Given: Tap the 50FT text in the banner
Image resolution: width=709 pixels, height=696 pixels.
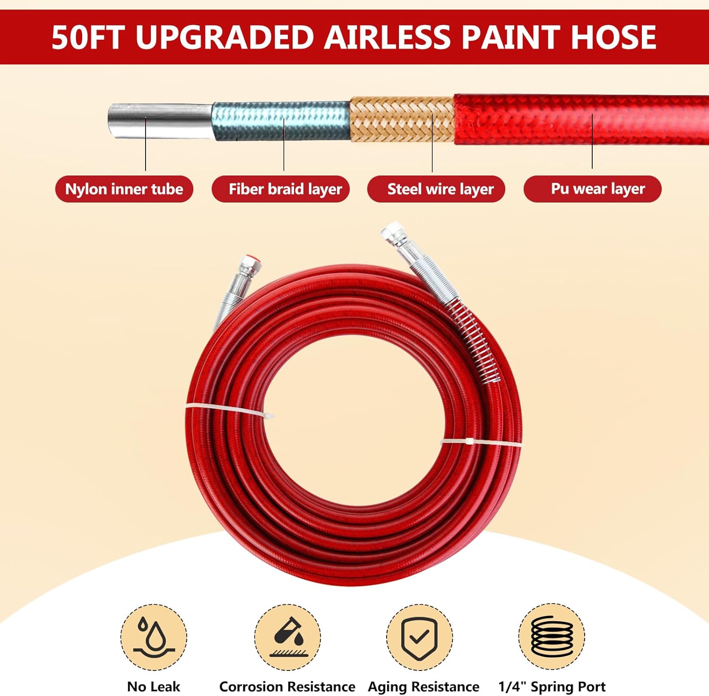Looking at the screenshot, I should [88, 37].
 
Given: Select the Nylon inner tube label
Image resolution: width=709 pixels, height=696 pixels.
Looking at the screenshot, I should [124, 189].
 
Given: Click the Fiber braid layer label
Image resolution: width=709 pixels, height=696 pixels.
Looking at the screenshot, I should [285, 189].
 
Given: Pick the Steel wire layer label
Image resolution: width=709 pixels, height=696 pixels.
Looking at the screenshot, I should [441, 189].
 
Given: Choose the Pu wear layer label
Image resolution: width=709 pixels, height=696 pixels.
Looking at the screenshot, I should [597, 189].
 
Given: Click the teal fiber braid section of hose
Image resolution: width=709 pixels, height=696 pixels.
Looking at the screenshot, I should [282, 121].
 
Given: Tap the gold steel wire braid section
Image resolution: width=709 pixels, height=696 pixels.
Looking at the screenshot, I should [402, 119].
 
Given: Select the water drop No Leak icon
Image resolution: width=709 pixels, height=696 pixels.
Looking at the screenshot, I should [154, 637].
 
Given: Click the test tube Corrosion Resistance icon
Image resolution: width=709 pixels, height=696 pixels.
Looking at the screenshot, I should [288, 637].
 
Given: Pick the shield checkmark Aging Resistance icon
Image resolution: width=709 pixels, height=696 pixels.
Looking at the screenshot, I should [419, 637].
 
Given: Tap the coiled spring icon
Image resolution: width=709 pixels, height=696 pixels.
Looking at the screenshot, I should [552, 637].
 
